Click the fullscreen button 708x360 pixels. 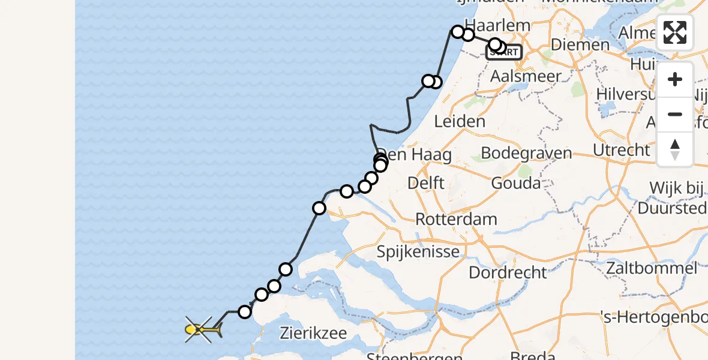click(675, 32)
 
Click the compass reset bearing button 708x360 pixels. click(675, 149)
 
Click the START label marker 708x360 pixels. click(504, 53)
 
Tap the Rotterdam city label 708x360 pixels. click(457, 219)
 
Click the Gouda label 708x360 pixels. click(515, 182)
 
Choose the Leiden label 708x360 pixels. click(459, 122)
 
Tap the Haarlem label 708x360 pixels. click(497, 25)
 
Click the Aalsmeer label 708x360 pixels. click(526, 76)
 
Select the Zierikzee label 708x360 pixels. click(313, 333)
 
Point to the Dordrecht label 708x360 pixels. click(508, 272)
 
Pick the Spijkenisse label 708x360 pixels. click(418, 251)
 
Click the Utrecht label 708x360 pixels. click(621, 149)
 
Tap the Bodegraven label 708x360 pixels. click(526, 153)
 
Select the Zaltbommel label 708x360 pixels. click(652, 268)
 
